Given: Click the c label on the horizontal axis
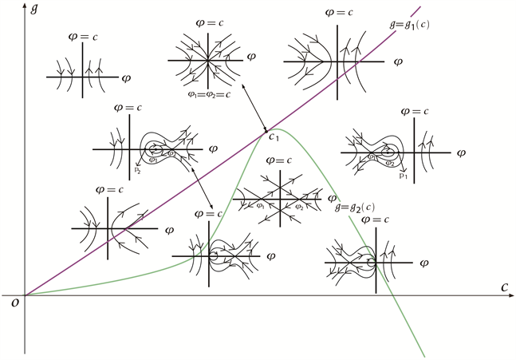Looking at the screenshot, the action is (504, 285).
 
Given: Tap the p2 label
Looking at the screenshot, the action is (137, 170).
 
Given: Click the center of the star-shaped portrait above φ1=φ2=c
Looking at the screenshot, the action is (207, 58).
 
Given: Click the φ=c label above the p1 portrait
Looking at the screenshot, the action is (416, 111).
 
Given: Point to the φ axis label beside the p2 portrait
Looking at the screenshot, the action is (211, 148).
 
